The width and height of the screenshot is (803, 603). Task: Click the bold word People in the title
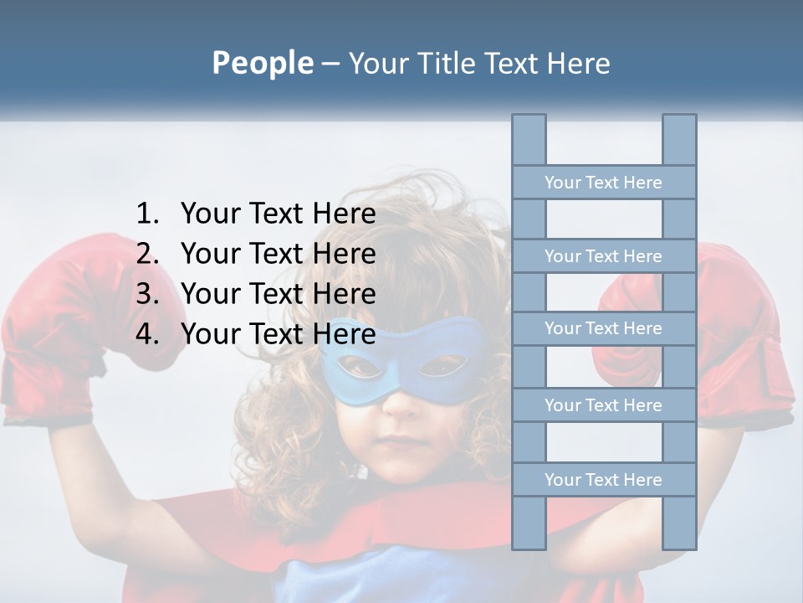coord(263,64)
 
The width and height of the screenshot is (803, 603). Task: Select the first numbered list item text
coord(278,214)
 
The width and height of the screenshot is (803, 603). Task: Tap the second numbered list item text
coord(278,254)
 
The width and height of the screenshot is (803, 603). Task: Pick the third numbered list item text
coord(278,294)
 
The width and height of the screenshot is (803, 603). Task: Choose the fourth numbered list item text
coord(278,334)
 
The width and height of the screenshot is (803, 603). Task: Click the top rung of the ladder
coord(603,183)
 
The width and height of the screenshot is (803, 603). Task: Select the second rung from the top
coord(603,256)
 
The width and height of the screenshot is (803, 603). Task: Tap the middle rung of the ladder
coord(603,328)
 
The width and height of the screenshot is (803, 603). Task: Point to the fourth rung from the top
coord(603,405)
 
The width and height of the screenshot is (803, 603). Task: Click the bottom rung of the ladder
coord(603,480)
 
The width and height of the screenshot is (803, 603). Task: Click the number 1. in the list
coord(147,214)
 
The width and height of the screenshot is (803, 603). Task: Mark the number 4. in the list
coord(147,334)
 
